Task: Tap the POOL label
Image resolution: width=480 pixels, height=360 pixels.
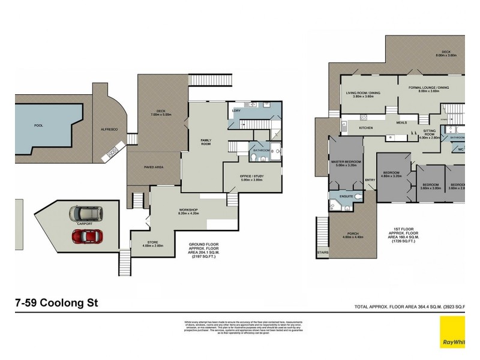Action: coord(39,126)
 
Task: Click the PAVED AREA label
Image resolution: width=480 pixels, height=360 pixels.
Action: coord(154,167)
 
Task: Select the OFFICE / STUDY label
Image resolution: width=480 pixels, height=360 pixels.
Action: coord(252,177)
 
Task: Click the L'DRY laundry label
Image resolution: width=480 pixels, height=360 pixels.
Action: coord(236,111)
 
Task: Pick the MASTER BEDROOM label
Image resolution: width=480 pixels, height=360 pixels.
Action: coord(346,163)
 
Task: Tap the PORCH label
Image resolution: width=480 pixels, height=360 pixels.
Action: coord(352,234)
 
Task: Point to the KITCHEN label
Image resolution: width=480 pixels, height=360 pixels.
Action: coord(366,128)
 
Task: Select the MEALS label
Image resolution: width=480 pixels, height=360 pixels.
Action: coord(401,122)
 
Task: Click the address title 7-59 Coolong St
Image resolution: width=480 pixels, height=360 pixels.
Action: coord(56,303)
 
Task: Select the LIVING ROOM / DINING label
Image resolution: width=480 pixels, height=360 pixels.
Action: coord(364,94)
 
